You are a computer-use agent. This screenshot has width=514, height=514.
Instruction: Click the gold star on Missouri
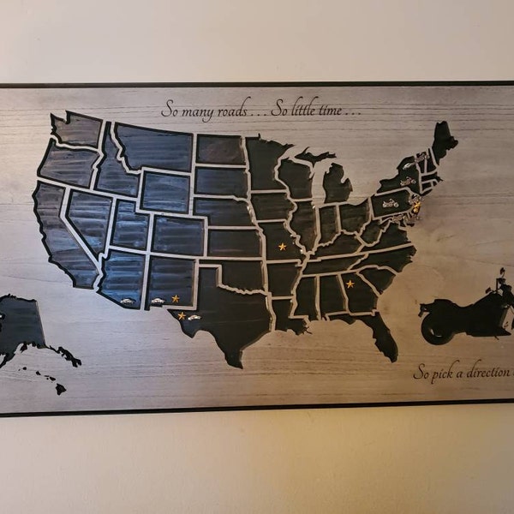(x=282, y=247)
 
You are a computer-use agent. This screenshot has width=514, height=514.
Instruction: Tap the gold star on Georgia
(x=350, y=284)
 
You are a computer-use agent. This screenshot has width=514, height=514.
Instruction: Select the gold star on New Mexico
(x=176, y=298)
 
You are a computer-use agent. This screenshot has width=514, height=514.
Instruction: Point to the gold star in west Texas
(x=182, y=316)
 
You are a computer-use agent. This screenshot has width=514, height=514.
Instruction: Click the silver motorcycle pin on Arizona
(x=127, y=301)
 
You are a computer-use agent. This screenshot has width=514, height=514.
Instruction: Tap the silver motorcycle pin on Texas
(x=194, y=318)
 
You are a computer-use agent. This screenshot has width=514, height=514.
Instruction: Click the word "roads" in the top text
(x=232, y=110)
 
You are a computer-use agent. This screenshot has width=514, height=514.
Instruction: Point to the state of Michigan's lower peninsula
(x=337, y=185)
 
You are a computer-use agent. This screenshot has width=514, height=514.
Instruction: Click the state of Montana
(x=155, y=146)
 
